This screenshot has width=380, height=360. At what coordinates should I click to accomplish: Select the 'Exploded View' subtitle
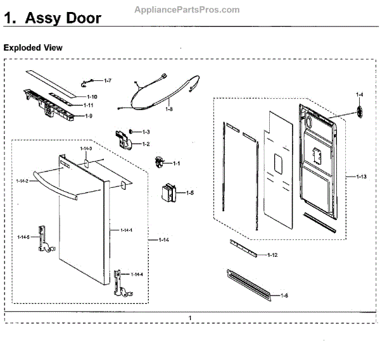point(33,47)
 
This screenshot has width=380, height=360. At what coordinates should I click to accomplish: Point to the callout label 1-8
point(168,109)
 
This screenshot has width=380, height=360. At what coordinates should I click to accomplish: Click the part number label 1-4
point(359,95)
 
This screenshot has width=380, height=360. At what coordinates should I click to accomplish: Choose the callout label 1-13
point(361,175)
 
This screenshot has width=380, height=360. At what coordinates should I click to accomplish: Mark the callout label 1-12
point(272,255)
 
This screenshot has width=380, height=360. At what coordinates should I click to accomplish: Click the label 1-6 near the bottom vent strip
point(284,295)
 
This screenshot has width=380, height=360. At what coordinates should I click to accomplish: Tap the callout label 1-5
point(189,192)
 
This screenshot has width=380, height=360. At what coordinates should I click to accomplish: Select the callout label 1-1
point(176,164)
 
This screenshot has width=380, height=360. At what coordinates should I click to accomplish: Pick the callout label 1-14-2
point(23,181)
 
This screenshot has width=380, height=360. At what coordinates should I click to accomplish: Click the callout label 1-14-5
point(23,237)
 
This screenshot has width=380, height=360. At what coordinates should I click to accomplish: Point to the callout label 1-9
point(89,116)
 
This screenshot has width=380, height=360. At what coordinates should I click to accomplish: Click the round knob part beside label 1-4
point(360,111)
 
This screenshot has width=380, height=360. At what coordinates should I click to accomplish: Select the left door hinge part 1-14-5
point(43,239)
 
